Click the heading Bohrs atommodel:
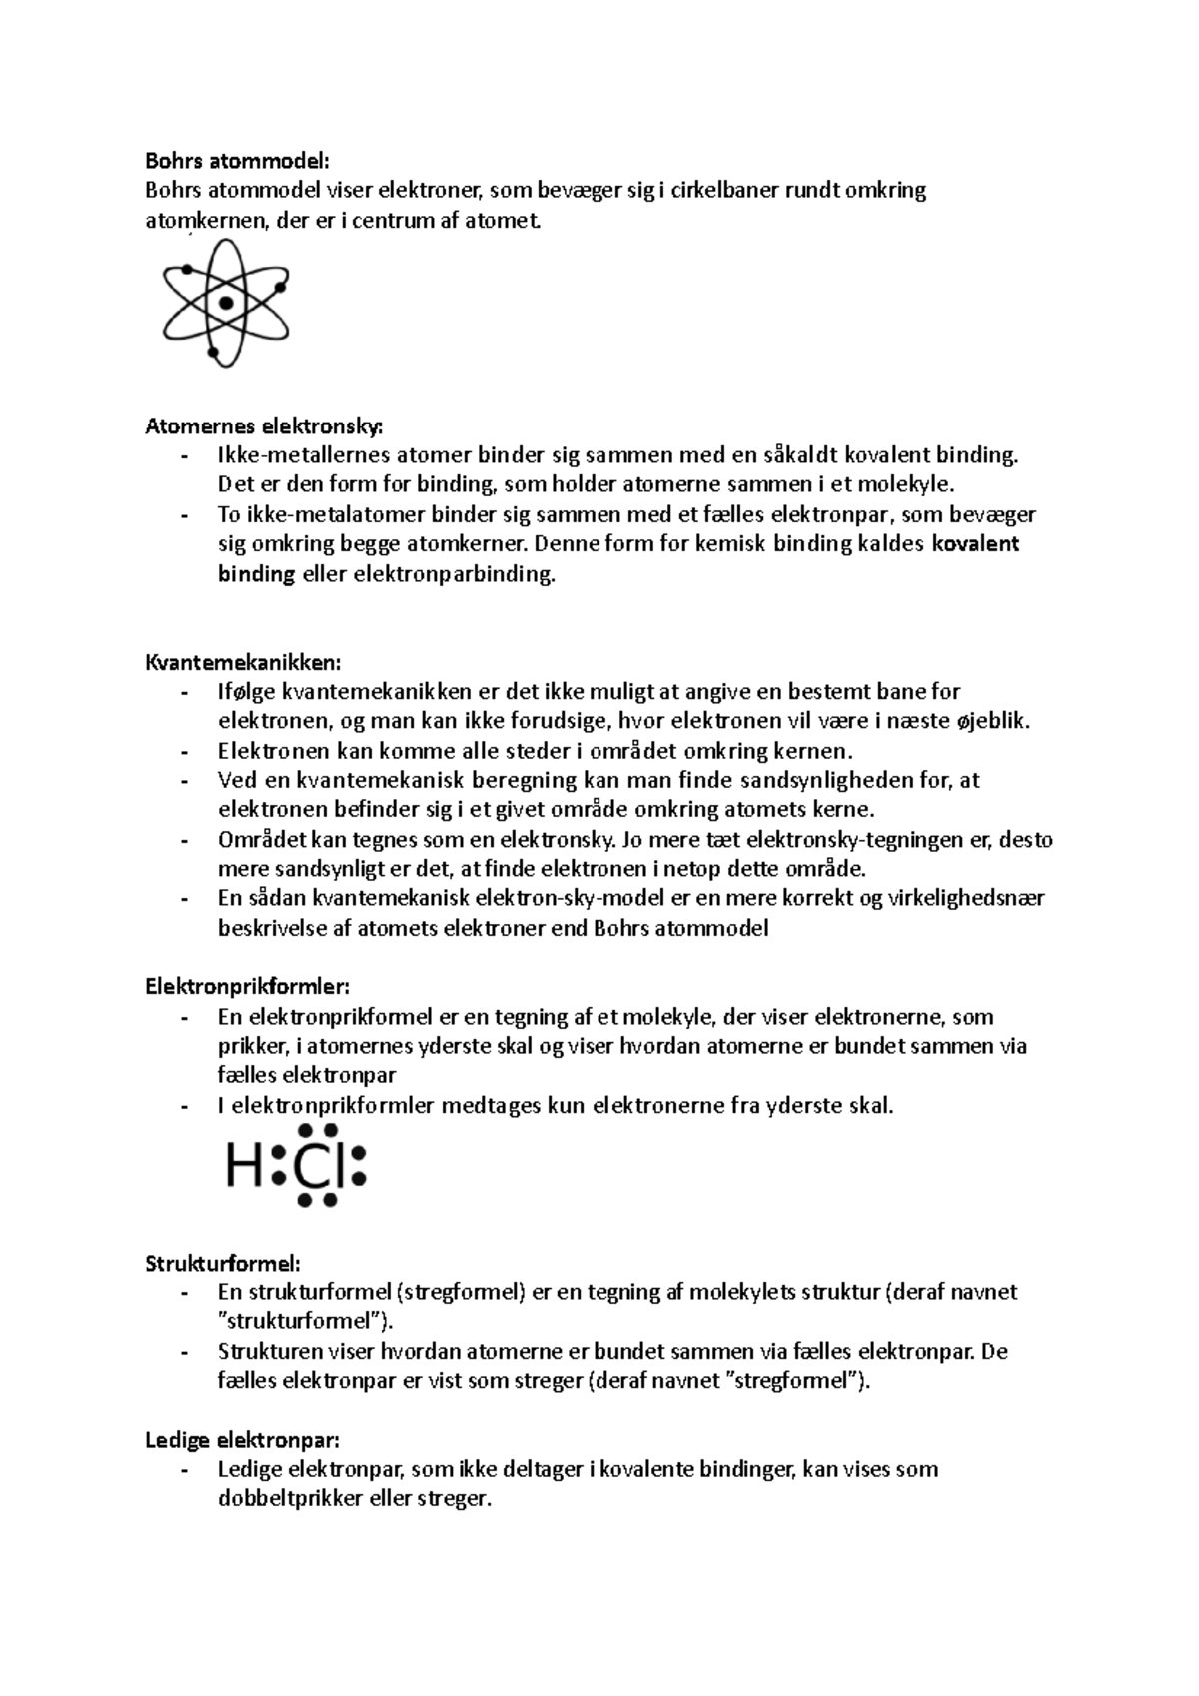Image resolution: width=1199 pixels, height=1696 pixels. click(x=237, y=160)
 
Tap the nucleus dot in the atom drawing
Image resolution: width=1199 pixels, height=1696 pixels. click(x=226, y=303)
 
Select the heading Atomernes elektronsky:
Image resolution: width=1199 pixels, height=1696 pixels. click(x=264, y=426)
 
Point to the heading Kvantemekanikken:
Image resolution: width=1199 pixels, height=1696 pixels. click(x=243, y=662)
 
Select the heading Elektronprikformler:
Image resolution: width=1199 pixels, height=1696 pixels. click(x=248, y=987)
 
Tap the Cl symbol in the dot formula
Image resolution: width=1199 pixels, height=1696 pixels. click(x=319, y=1165)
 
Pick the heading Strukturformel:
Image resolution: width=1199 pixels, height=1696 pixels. click(x=222, y=1263)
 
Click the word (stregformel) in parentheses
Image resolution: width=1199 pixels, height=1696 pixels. click(x=460, y=1292)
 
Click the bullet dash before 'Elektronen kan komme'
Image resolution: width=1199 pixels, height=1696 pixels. click(x=184, y=751)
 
